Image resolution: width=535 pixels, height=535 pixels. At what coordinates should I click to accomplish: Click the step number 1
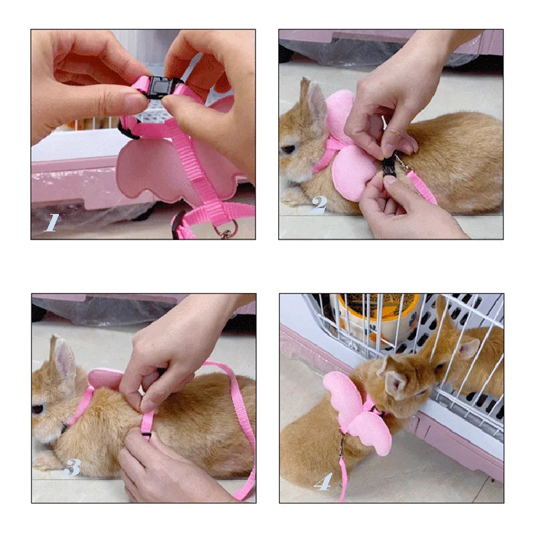point(51,222)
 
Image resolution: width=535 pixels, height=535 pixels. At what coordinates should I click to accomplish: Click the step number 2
point(319,204)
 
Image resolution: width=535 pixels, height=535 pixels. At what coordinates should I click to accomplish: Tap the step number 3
point(72,467)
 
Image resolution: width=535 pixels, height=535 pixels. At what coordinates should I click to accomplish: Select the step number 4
point(323,480)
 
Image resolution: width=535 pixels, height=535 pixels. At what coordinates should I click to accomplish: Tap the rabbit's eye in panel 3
point(38,409)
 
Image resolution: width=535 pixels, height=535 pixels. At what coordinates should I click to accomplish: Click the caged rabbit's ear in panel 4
point(469,348)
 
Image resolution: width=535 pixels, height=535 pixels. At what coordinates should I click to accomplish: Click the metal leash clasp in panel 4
point(341,443)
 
